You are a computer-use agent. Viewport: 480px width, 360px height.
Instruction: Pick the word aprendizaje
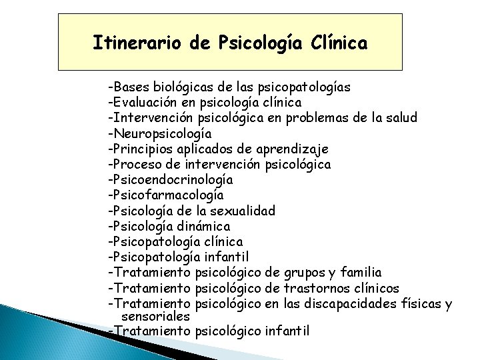[x=305, y=149]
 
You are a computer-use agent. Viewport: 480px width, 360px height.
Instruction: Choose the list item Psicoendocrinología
[x=171, y=179]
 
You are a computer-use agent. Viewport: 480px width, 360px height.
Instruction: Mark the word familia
[x=360, y=272]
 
